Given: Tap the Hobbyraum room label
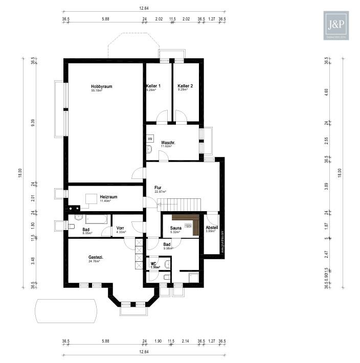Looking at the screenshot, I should click(x=101, y=86).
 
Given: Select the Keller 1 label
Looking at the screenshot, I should click(x=153, y=86).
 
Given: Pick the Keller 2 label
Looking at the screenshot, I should click(x=185, y=86).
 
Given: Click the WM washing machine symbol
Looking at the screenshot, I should click(x=150, y=139).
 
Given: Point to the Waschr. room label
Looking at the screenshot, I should click(x=168, y=143).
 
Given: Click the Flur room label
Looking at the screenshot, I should click(x=159, y=188).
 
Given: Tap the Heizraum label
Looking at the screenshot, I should click(x=108, y=196).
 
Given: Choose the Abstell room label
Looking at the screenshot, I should click(x=212, y=228).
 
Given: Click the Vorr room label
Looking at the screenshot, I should click(x=120, y=228).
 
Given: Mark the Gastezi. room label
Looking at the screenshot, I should click(x=96, y=257).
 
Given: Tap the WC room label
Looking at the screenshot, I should click(x=153, y=264).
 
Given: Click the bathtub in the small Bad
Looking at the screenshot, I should click(x=97, y=219).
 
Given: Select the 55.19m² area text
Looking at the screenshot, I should click(x=97, y=91).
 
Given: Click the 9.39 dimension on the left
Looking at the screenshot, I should click(x=33, y=122).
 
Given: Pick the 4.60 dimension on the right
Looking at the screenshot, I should click(x=326, y=92).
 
